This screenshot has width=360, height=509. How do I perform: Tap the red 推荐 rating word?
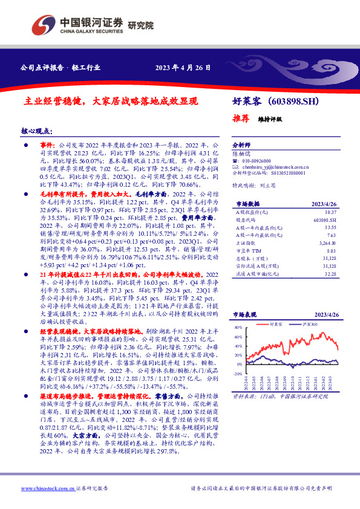point(241,118)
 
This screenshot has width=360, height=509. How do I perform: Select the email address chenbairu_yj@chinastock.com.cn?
point(270,166)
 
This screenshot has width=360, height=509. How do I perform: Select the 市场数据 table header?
point(245,204)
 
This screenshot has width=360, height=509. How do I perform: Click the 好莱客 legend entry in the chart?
point(276,324)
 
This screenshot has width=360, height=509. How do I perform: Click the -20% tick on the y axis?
point(238,365)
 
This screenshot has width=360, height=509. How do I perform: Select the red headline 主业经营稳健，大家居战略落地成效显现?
point(114,102)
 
